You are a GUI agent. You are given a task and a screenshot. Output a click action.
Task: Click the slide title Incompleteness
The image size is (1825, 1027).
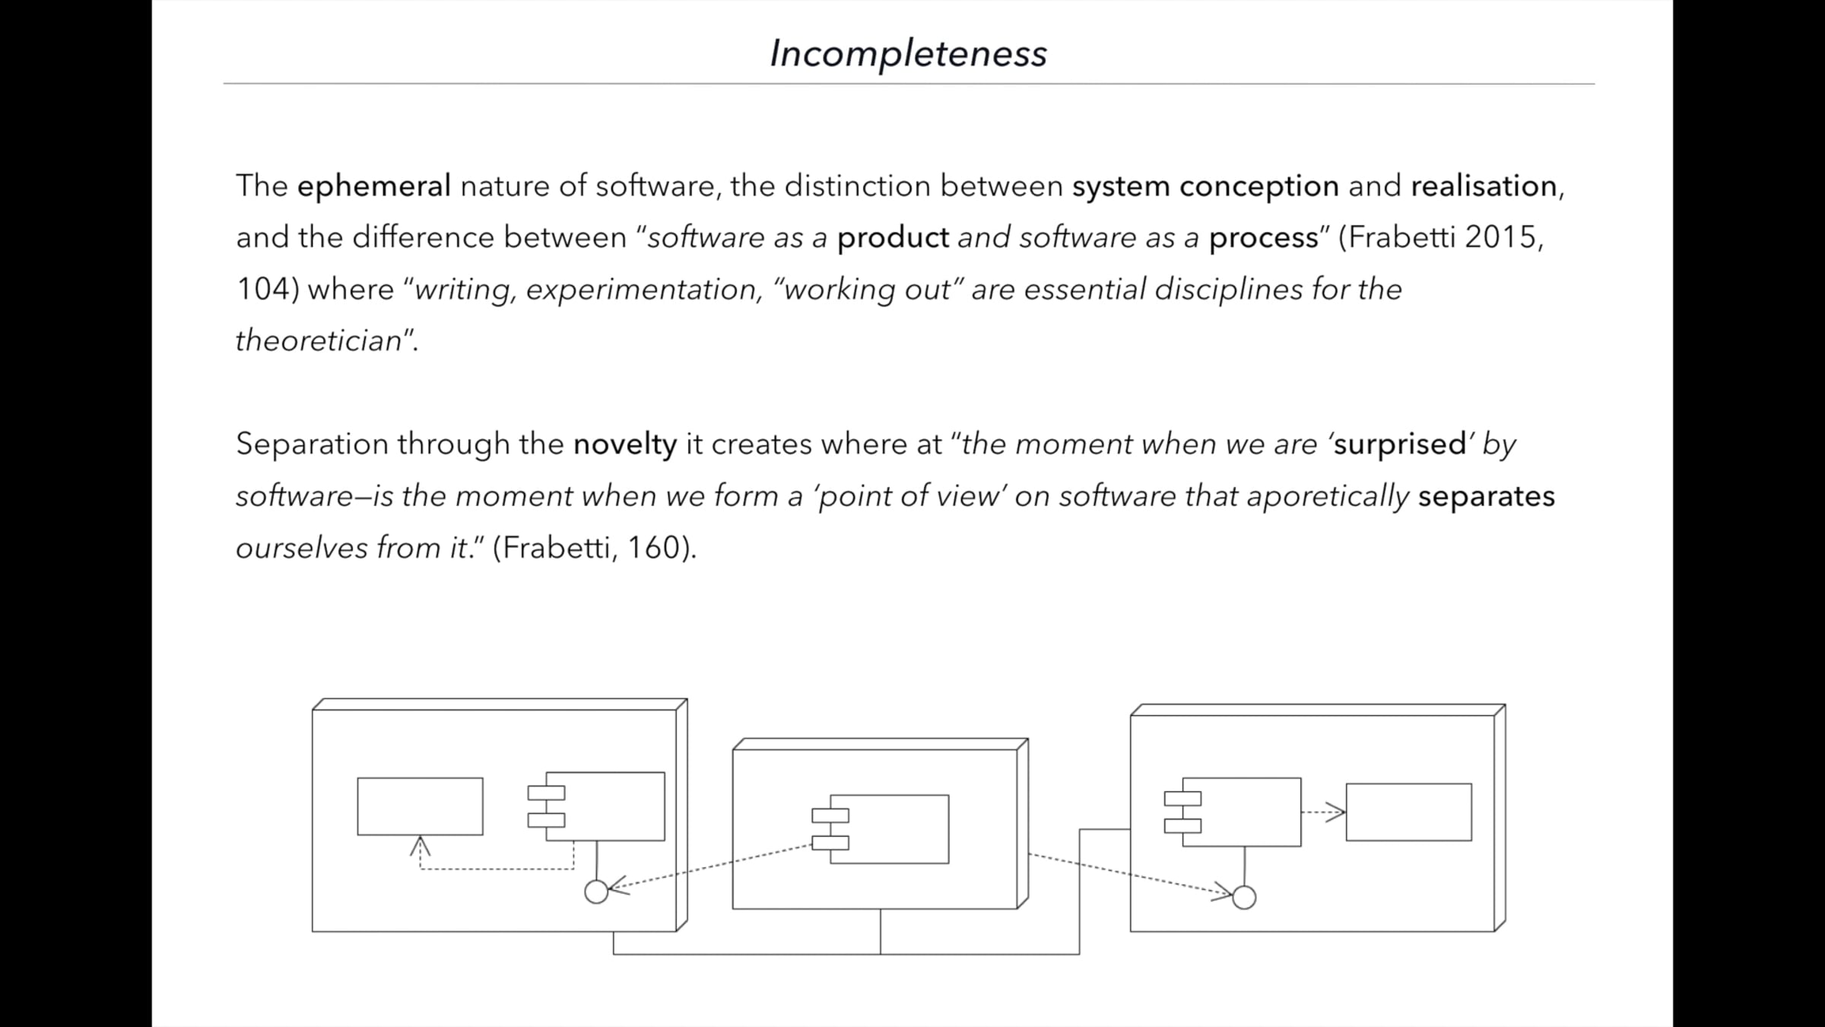pos(908,54)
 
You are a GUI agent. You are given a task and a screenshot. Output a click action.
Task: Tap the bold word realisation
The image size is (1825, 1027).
pos(1484,186)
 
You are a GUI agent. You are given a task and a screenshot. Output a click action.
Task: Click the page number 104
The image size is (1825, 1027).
pos(263,289)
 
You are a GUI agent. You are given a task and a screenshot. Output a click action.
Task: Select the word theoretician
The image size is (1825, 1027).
pos(319,341)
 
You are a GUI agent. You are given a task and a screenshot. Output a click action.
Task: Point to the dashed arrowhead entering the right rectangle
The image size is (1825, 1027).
pos(1335,812)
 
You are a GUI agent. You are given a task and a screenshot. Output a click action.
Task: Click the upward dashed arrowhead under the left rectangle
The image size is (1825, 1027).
pos(420,845)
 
